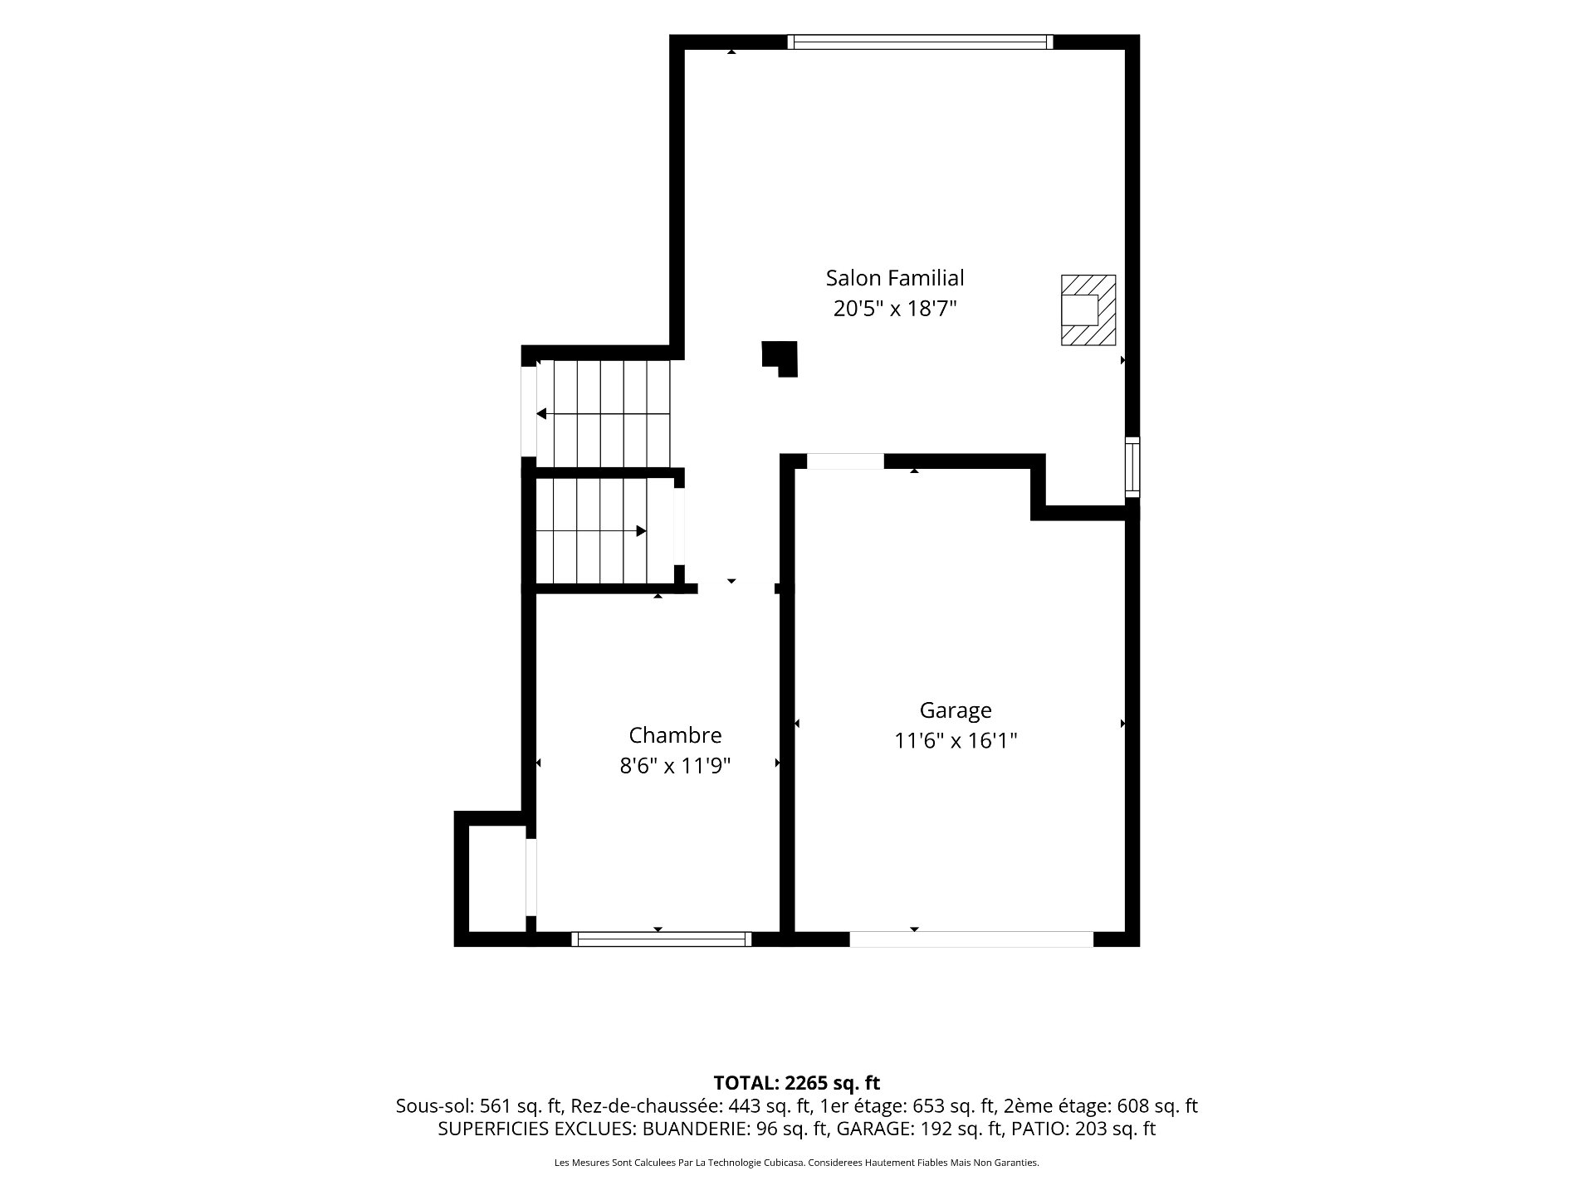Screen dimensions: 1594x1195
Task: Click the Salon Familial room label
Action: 895,277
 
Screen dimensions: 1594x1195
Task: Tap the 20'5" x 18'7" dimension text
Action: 895,309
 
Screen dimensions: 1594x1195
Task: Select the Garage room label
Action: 956,710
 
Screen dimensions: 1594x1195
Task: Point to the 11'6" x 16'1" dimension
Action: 956,740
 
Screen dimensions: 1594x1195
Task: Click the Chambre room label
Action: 675,735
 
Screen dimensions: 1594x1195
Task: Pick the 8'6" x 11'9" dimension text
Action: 675,765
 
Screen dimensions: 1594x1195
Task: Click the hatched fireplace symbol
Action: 1088,310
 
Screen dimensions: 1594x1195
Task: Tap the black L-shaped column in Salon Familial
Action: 780,357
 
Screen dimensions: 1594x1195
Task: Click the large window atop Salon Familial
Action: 920,41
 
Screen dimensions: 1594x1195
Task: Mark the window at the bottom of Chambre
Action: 661,939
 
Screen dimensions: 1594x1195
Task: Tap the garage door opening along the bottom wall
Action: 971,939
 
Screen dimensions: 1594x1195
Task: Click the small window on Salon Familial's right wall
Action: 1132,466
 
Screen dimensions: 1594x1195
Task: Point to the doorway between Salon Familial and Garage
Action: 845,461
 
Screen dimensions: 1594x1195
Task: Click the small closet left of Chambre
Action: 496,879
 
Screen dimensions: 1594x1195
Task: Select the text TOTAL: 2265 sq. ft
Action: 797,1083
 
